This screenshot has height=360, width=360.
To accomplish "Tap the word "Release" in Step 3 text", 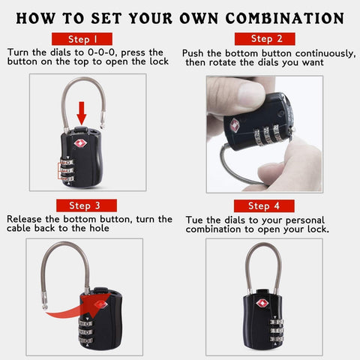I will point(26,219).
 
